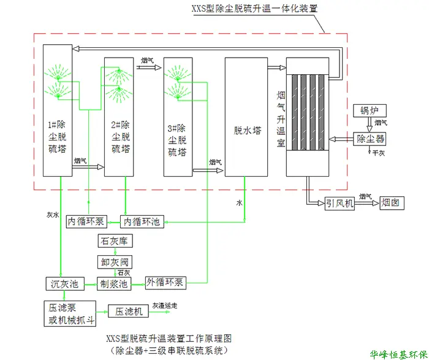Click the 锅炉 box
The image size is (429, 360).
(x=370, y=110)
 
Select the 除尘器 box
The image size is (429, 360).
(x=370, y=139)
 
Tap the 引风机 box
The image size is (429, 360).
(x=340, y=203)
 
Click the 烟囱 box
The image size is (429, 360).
(x=392, y=203)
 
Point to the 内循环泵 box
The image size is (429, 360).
(x=86, y=221)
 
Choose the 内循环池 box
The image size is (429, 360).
(x=142, y=221)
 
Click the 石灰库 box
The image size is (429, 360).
(x=115, y=241)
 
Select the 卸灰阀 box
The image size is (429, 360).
(x=115, y=262)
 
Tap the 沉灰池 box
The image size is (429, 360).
(x=65, y=283)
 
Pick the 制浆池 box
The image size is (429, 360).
(x=114, y=283)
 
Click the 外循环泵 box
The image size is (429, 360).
(x=165, y=283)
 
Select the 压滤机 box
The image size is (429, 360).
(x=128, y=311)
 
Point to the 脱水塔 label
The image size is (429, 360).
(x=248, y=131)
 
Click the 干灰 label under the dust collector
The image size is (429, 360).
(x=379, y=153)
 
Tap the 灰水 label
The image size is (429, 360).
(x=53, y=215)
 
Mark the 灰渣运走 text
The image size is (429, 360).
(x=165, y=305)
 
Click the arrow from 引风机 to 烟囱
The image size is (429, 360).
(x=367, y=203)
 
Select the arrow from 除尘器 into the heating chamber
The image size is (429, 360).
(x=341, y=139)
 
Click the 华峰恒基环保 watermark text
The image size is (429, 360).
(x=398, y=355)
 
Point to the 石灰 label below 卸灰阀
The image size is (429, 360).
(x=124, y=273)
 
